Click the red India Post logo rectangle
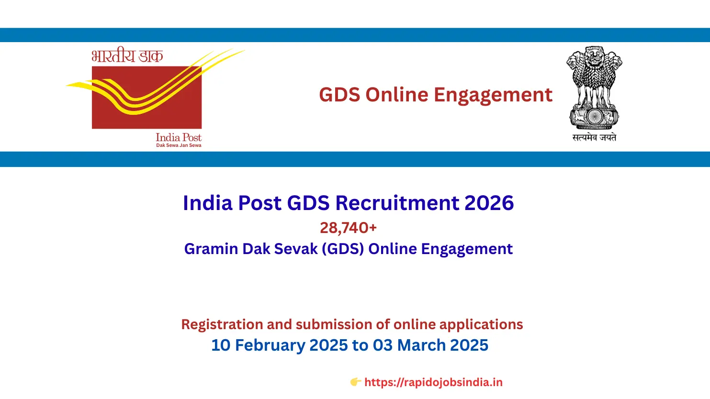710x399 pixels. click(x=147, y=97)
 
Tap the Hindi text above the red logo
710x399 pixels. click(x=127, y=56)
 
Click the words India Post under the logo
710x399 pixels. click(x=179, y=137)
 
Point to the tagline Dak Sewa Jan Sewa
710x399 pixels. click(x=179, y=145)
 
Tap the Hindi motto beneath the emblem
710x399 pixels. click(x=594, y=138)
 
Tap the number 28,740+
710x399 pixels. click(x=348, y=228)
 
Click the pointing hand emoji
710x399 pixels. click(x=355, y=382)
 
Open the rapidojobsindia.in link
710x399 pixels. click(x=433, y=382)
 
